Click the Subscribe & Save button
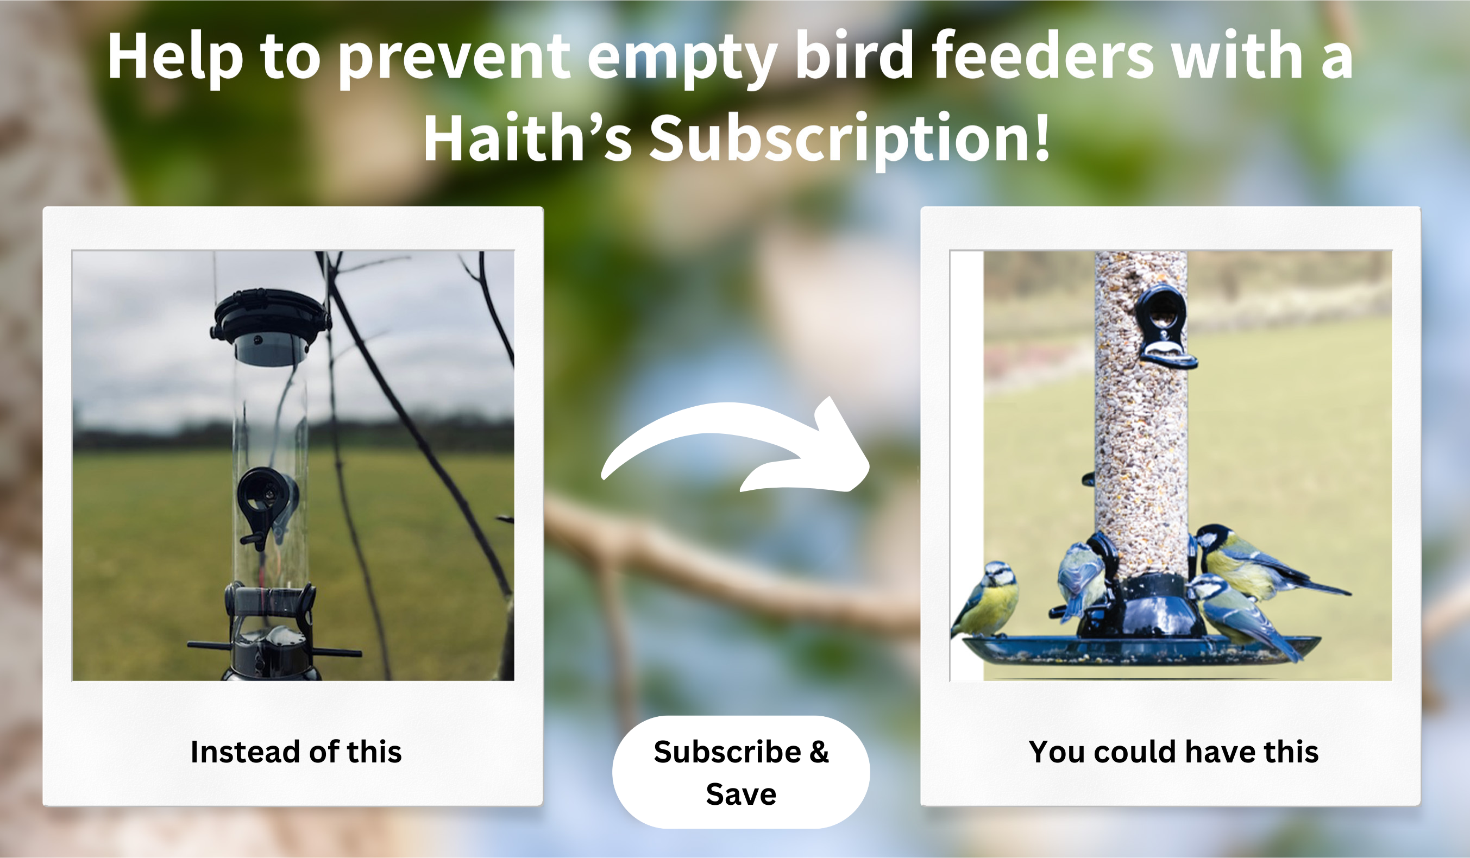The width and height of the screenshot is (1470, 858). [x=741, y=772]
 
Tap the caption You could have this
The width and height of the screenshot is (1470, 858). [x=1173, y=753]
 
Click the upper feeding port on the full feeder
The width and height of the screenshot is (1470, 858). [x=1164, y=326]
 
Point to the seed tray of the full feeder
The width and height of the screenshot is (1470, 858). [x=1140, y=649]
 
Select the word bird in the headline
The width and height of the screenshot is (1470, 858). [x=854, y=54]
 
